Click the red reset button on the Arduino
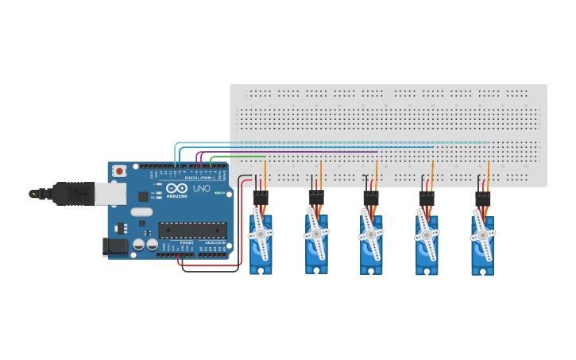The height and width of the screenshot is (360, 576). tap(119, 171)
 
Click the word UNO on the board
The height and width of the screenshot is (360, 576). tap(202, 189)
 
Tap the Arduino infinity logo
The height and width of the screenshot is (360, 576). tap(176, 188)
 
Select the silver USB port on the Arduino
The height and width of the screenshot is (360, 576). tap(110, 193)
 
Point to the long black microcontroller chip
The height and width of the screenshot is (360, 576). tap(192, 230)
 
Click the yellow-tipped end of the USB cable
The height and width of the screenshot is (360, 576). tap(33, 193)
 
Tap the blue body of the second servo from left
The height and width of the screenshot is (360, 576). tap(316, 258)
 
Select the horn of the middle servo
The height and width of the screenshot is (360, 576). tap(370, 235)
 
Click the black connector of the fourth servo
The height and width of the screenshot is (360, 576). tap(427, 196)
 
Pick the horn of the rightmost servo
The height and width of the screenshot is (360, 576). tap(482, 234)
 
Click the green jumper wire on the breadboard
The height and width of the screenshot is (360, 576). tap(238, 157)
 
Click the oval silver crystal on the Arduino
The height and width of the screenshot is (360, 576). tap(141, 212)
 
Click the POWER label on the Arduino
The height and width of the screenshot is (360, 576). tap(186, 242)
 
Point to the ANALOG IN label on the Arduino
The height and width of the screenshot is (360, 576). tap(215, 242)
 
